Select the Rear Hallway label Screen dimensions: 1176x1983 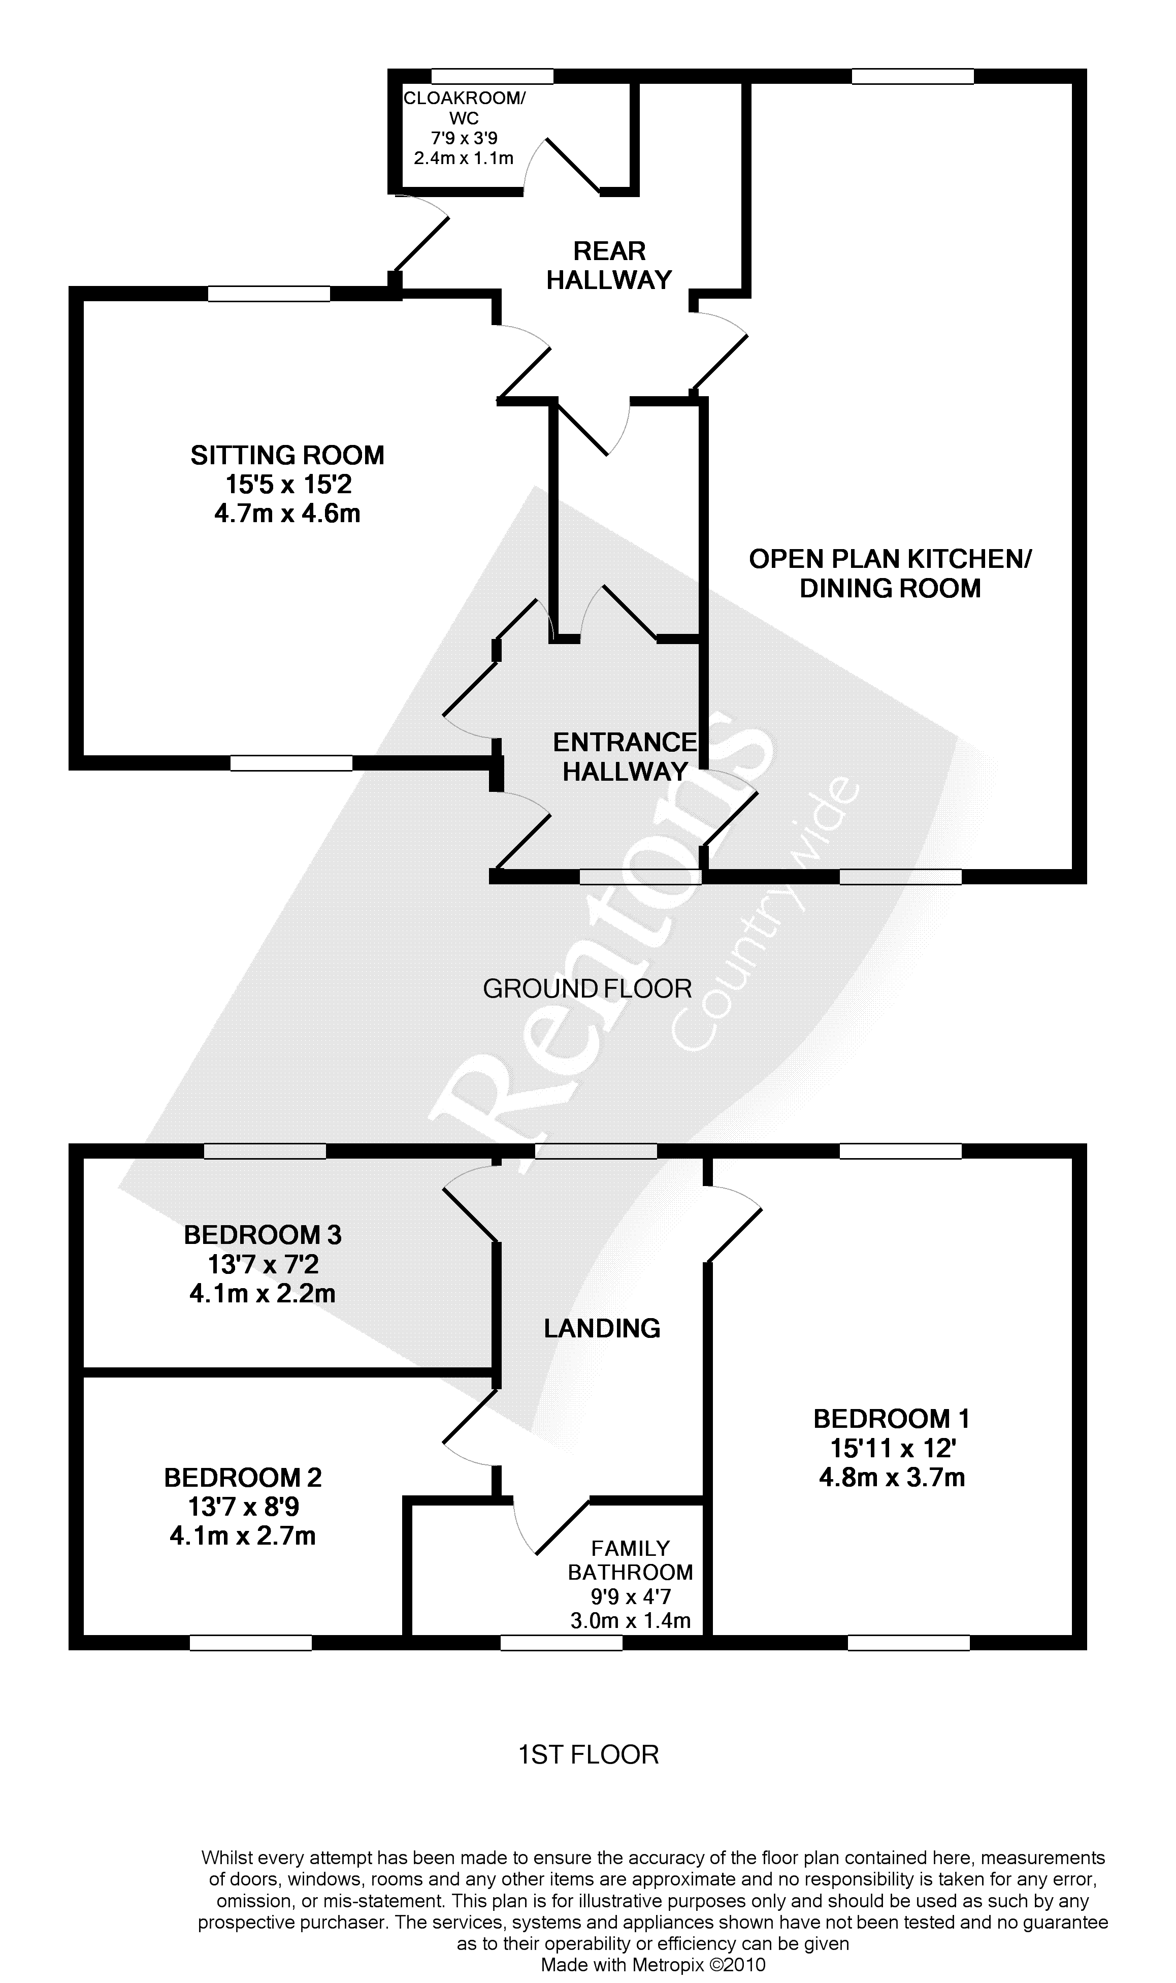[x=609, y=266]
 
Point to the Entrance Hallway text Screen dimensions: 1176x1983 [x=625, y=757]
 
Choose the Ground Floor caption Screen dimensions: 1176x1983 [x=587, y=988]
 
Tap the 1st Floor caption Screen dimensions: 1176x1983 [x=588, y=1755]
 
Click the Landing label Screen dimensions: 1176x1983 [x=602, y=1328]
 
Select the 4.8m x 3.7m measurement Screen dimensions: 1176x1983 [x=892, y=1477]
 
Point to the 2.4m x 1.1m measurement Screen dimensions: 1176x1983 [x=464, y=158]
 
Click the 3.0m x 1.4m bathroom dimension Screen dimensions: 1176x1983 [x=630, y=1621]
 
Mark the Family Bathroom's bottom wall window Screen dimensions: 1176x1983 [x=561, y=1644]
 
